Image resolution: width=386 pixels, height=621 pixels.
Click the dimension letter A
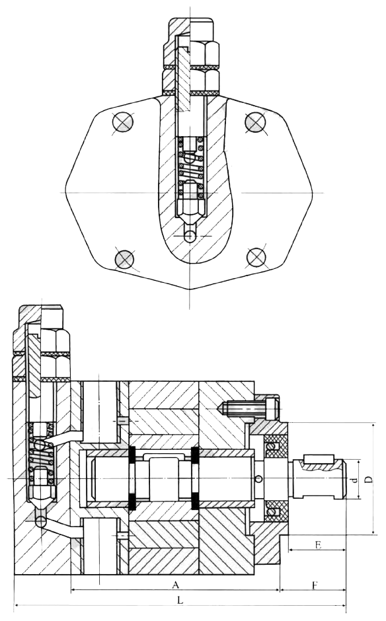[176, 585]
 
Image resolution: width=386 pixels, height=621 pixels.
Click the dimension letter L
[180, 601]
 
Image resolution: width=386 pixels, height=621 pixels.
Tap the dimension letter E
[318, 545]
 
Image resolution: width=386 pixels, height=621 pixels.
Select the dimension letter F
[315, 585]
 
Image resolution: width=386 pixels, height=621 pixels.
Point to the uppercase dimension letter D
[369, 480]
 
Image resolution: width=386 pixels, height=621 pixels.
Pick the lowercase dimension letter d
[355, 480]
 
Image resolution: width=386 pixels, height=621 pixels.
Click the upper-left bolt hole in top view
[122, 122]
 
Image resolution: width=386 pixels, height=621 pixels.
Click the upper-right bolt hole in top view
[255, 122]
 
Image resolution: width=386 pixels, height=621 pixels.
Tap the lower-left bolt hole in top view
[124, 259]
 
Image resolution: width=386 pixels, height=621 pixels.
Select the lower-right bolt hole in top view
[256, 258]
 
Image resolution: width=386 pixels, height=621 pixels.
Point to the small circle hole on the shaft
[259, 479]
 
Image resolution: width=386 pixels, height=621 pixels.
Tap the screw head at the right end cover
[272, 408]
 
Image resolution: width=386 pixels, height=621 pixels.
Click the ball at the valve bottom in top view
[190, 237]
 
